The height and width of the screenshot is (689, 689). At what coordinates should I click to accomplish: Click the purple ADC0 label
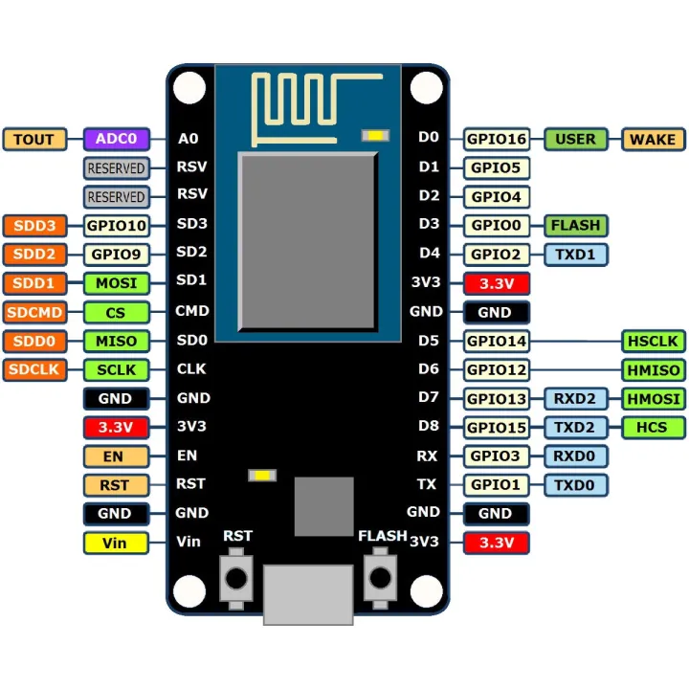point(116,139)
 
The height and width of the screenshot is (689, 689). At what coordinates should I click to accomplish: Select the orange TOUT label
point(34,139)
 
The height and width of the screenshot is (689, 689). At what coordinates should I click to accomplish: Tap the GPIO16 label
point(496,139)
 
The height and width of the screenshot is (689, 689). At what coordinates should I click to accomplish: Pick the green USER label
point(575,139)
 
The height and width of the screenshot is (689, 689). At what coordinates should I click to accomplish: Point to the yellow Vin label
point(115,543)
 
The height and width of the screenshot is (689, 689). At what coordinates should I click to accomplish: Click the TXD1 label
point(575,255)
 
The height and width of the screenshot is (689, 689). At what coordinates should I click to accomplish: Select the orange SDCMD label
point(34,312)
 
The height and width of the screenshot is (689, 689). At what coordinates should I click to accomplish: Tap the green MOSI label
point(116,283)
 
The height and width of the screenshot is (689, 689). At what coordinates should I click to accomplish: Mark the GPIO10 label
point(116,226)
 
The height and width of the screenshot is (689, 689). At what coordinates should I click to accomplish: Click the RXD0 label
point(575,456)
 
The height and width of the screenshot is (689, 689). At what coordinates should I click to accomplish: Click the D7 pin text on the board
point(429,398)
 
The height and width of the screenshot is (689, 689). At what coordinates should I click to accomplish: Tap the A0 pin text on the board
point(189,139)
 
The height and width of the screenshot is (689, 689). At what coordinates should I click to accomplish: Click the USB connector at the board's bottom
point(307,593)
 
